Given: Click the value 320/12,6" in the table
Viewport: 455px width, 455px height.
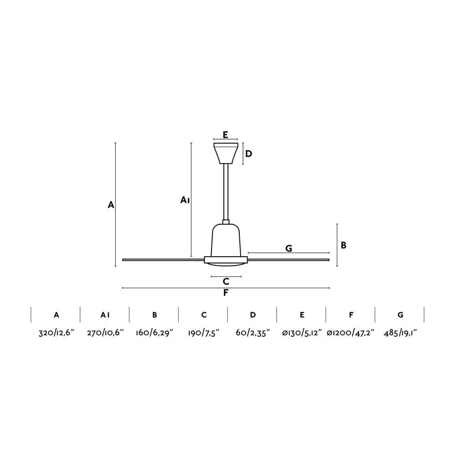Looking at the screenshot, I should pos(56,333).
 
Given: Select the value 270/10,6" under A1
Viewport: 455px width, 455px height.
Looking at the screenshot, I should pos(105,333).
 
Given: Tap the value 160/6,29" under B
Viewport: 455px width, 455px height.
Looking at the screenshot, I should pos(155,333).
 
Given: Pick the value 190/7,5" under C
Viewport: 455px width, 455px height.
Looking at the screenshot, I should pos(204,333).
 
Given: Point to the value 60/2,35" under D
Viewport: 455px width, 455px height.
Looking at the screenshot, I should pos(253,333).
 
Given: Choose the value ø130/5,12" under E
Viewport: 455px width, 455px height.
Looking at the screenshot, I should pos(302,333).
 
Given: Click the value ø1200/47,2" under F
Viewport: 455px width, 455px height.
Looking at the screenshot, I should pos(351,333).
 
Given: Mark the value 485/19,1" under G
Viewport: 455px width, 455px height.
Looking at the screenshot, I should pos(400,333).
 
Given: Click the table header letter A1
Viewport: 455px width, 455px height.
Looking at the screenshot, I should pos(105,314).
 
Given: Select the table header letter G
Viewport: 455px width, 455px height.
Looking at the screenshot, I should pos(400,314).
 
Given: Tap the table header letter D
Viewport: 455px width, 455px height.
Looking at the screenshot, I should pos(253,314).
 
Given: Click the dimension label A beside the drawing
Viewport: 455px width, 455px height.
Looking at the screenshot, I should pos(111,205).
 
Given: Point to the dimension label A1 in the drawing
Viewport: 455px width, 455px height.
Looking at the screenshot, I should pos(185,200).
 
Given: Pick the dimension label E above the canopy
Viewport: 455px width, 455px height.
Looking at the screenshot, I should pos(226,134).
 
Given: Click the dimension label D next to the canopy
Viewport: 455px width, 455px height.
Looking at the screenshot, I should pos(248,154).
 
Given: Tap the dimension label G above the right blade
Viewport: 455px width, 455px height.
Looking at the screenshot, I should pos(288,248).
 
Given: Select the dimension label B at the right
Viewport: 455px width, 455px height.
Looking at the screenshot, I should pos(344,245).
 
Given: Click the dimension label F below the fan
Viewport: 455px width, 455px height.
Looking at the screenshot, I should pos(226,293).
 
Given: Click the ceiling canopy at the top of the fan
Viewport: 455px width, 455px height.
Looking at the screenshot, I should pos(226,153).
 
